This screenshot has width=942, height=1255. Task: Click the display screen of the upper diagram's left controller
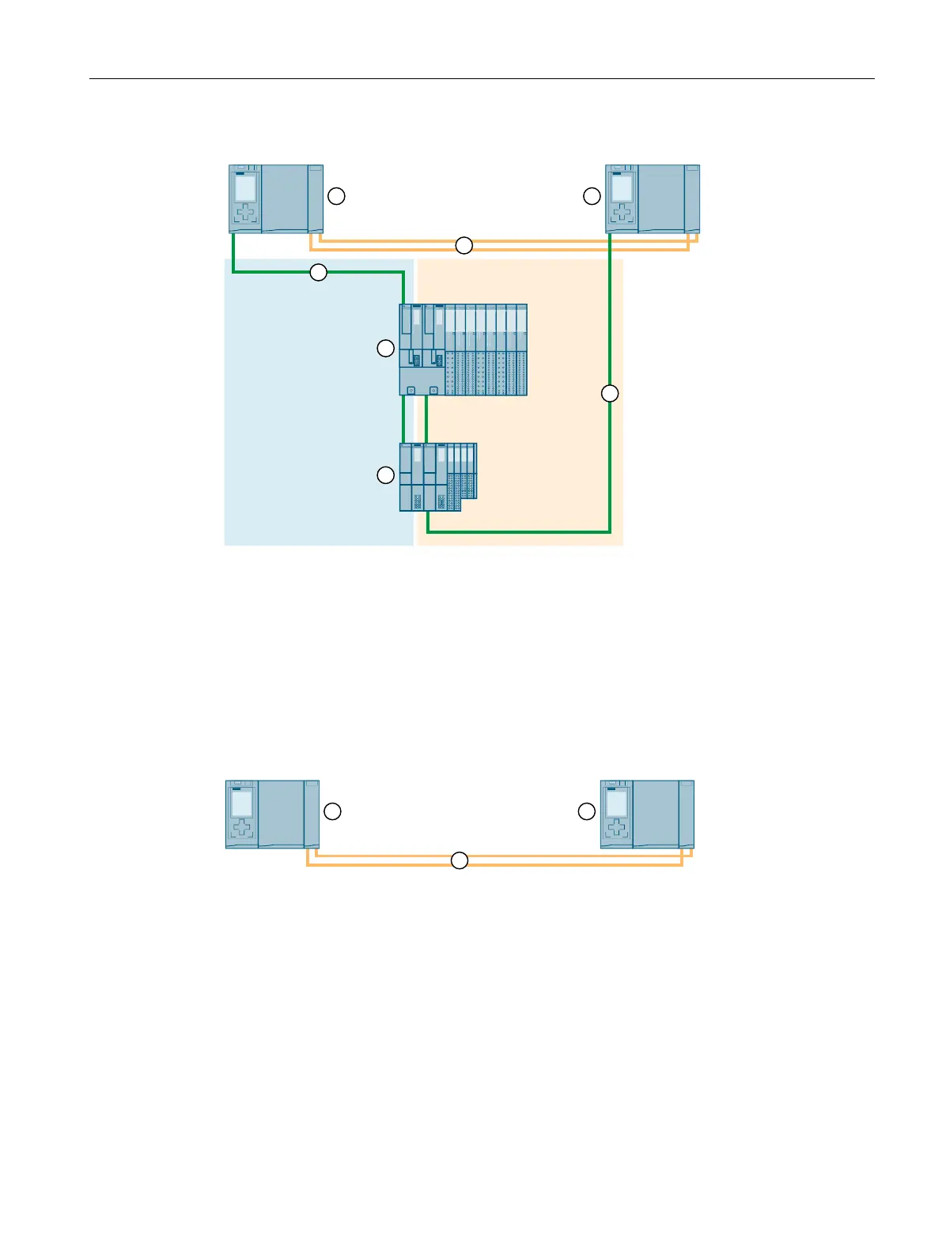click(245, 188)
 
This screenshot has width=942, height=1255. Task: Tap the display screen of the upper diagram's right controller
click(622, 188)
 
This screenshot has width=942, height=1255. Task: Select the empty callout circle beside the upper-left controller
click(336, 196)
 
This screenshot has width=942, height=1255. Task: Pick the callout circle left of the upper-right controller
click(592, 196)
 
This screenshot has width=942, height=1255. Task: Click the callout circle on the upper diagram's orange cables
click(464, 245)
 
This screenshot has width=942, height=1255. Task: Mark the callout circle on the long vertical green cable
click(609, 393)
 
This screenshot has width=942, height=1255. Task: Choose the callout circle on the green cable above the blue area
click(318, 272)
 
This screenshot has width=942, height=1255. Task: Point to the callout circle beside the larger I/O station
click(385, 348)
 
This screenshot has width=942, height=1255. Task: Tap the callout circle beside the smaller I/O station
click(385, 474)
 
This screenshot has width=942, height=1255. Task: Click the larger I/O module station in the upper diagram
click(463, 350)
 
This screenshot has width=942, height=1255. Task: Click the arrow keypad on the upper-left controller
click(245, 214)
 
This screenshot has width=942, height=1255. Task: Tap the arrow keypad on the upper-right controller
click(622, 214)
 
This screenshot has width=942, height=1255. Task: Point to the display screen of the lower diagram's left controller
click(242, 803)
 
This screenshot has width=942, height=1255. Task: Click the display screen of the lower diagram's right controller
click(617, 803)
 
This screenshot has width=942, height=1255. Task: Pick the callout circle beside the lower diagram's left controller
click(333, 811)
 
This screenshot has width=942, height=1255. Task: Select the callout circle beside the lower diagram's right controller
click(586, 811)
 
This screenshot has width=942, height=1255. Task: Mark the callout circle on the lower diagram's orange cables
click(460, 860)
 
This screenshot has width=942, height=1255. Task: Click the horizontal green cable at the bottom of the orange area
click(518, 532)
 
